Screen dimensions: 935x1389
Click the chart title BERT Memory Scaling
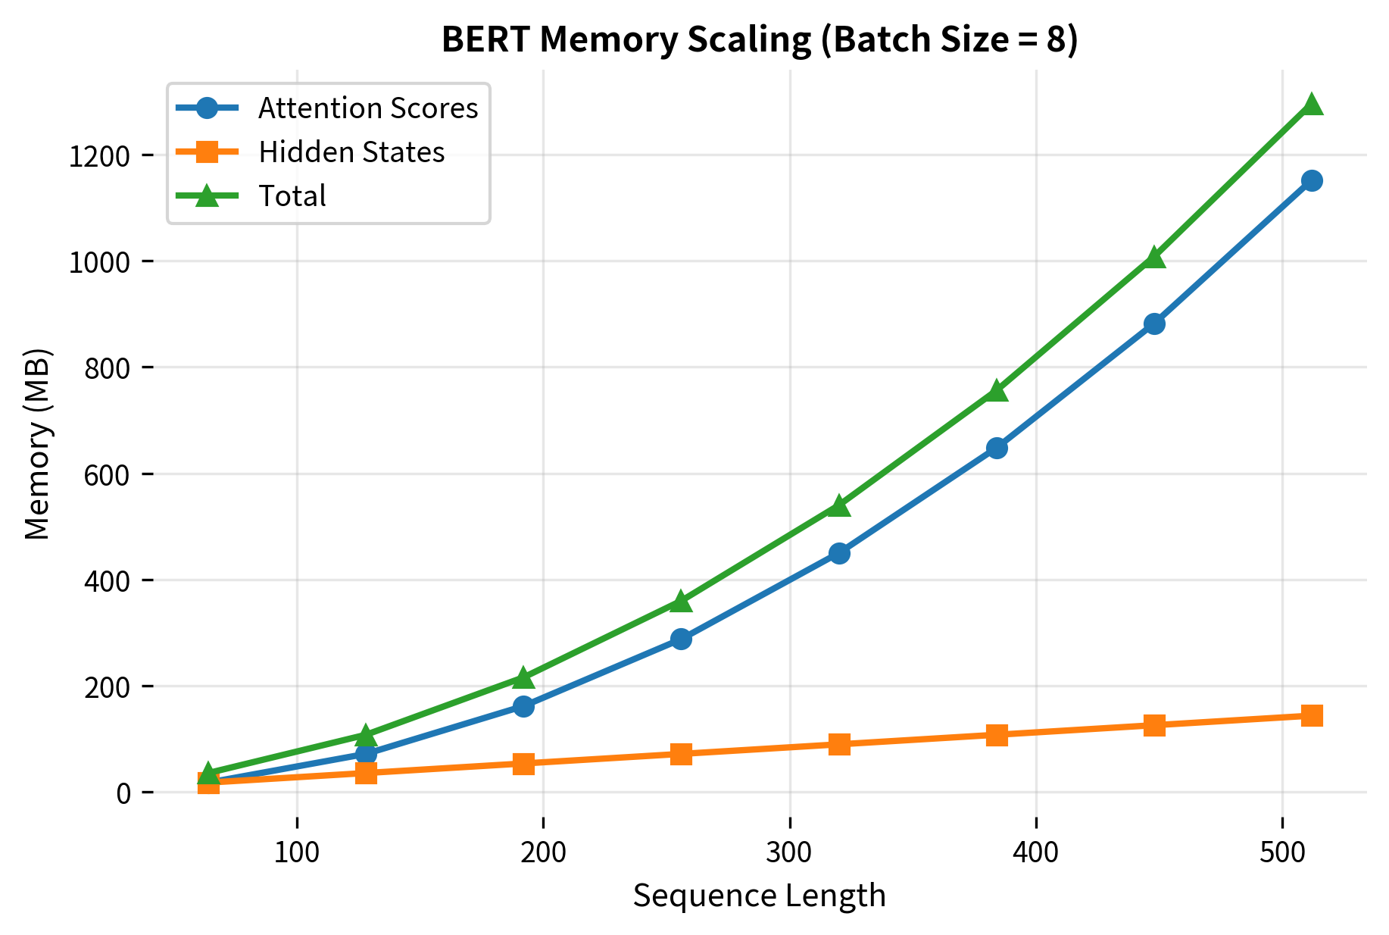[759, 40]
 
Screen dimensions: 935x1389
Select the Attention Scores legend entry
[368, 108]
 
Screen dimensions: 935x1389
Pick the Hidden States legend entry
[351, 152]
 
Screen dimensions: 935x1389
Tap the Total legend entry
[292, 196]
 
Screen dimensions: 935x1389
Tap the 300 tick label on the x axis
[789, 852]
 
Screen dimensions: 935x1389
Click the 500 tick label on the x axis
[1281, 852]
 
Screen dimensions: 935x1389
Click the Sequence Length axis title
[759, 896]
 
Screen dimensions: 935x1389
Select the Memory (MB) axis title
[38, 443]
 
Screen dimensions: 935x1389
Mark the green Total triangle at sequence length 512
[1312, 105]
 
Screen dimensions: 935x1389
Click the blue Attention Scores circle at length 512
[1312, 180]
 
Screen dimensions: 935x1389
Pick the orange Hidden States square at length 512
[1312, 715]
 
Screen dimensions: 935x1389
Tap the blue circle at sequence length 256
[681, 639]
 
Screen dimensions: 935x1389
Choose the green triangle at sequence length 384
[997, 391]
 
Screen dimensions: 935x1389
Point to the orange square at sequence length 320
[838, 744]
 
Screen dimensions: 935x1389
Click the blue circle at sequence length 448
[1154, 324]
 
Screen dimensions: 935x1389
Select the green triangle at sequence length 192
[523, 677]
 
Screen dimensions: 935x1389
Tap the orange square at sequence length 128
[366, 773]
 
